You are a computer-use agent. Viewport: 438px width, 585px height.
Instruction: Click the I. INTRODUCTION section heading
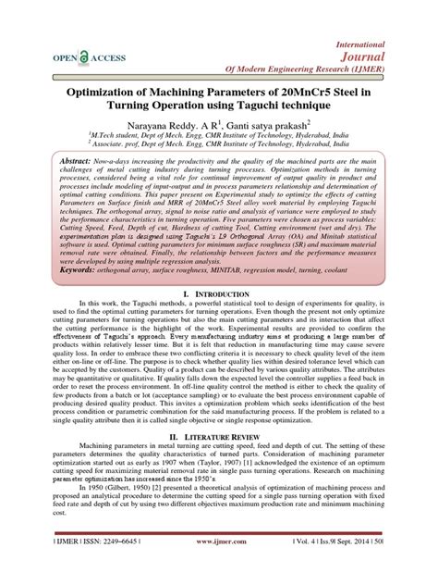[219, 319]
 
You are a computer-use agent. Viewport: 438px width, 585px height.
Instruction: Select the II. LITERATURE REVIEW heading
[219, 460]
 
